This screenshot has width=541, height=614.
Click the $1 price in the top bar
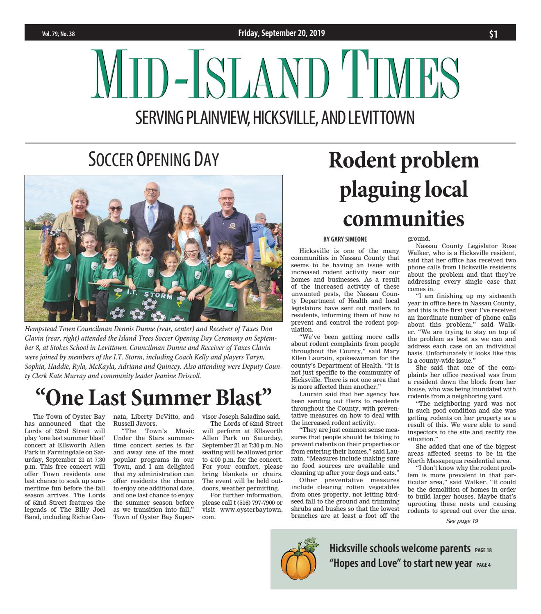[x=493, y=34]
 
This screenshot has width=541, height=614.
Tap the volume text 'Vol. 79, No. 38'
[x=58, y=34]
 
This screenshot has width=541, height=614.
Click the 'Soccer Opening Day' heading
[x=153, y=159]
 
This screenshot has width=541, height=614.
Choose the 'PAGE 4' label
[x=484, y=565]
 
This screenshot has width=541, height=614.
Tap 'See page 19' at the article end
[x=462, y=521]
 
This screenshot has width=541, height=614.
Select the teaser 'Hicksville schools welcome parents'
[x=400, y=549]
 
